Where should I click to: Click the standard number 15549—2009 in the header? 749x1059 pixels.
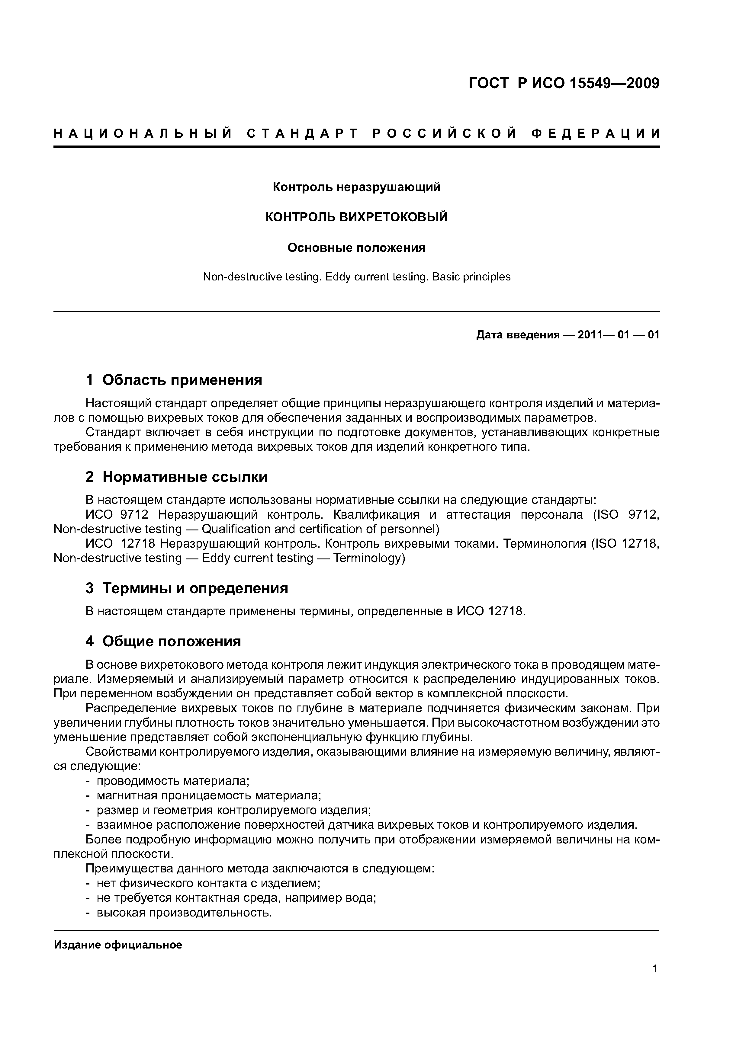pos(614,84)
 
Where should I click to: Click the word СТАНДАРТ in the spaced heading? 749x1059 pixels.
pos(302,134)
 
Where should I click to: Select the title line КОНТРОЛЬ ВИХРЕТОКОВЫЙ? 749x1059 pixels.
pos(356,217)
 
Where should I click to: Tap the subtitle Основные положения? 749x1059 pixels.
pos(356,248)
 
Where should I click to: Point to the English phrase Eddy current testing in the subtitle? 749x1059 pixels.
pos(377,277)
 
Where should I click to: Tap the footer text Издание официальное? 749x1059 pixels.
pos(118,945)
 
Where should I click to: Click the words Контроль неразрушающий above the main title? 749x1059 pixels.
pos(356,187)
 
